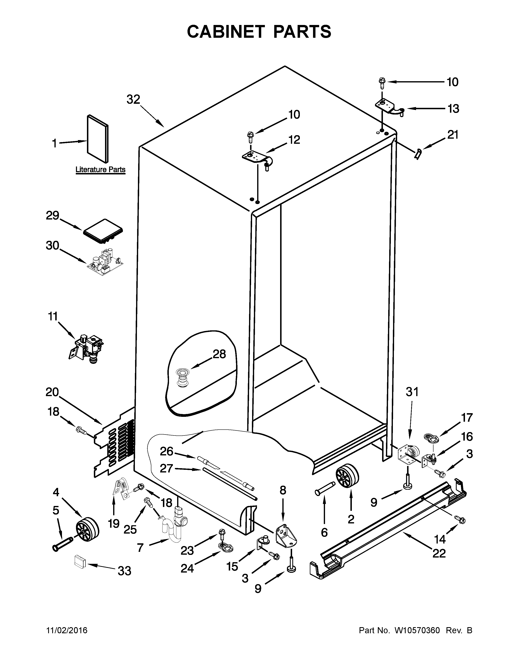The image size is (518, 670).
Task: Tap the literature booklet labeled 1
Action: [x=98, y=139]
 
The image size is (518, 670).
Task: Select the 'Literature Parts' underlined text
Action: [x=100, y=170]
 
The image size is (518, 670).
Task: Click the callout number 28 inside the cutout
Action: [x=219, y=354]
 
